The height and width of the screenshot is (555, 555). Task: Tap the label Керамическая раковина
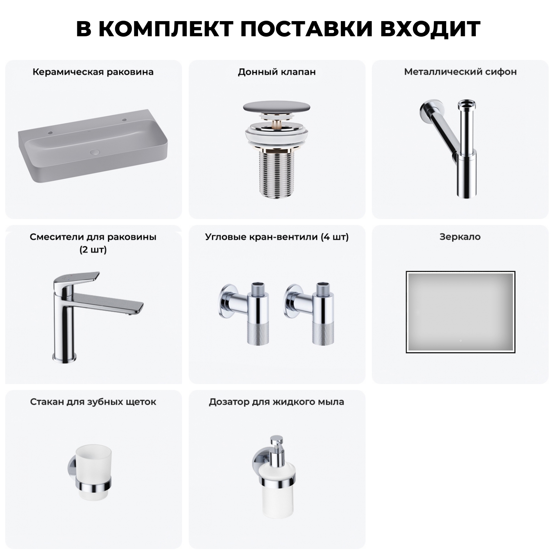[93, 72]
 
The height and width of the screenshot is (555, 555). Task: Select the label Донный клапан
[277, 72]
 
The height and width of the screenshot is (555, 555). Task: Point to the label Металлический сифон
[460, 72]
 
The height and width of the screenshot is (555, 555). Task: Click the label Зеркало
[460, 237]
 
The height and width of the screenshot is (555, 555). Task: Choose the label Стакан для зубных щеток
[93, 402]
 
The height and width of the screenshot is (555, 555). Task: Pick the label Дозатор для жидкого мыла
[276, 402]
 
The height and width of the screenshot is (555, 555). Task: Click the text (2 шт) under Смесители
[93, 250]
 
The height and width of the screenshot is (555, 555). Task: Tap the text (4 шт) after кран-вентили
[334, 237]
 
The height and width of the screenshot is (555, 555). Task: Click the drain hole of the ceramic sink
[95, 152]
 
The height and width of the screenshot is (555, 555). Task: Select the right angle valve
[311, 313]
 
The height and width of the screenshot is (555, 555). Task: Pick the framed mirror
[460, 312]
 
